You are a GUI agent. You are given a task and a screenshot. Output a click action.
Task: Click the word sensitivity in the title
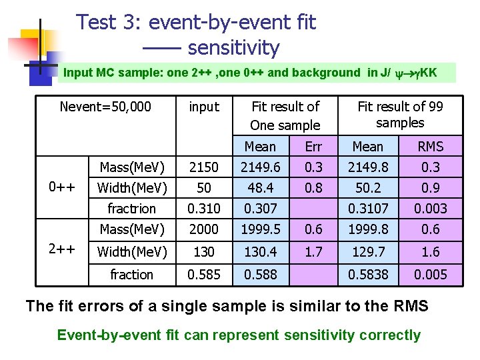pyautogui.click(x=233, y=49)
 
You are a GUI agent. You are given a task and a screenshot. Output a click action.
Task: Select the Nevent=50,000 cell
pyautogui.click(x=105, y=107)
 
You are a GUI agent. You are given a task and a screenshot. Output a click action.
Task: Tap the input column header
pyautogui.click(x=204, y=107)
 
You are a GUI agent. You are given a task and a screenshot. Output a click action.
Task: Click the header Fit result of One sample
pyautogui.click(x=285, y=115)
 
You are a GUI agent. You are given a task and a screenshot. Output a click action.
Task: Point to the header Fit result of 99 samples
pyautogui.click(x=400, y=114)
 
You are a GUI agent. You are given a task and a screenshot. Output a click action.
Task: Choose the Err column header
pyautogui.click(x=313, y=147)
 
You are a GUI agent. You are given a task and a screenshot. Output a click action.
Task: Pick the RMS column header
pyautogui.click(x=430, y=147)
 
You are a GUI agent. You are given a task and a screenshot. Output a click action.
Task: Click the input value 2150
pyautogui.click(x=203, y=167)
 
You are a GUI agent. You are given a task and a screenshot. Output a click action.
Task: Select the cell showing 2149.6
pyautogui.click(x=260, y=167)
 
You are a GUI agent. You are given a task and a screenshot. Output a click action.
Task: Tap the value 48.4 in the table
pyautogui.click(x=260, y=187)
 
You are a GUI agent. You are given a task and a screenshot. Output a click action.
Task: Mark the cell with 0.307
pyautogui.click(x=260, y=209)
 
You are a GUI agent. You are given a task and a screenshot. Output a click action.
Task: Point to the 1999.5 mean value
pyautogui.click(x=260, y=229)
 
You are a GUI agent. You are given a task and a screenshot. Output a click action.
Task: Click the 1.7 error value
pyautogui.click(x=313, y=252)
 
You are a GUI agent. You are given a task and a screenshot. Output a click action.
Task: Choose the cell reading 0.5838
pyautogui.click(x=367, y=275)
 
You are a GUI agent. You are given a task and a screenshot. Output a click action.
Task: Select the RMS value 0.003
pyautogui.click(x=430, y=209)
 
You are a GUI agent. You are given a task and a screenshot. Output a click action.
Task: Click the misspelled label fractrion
pyautogui.click(x=132, y=209)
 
